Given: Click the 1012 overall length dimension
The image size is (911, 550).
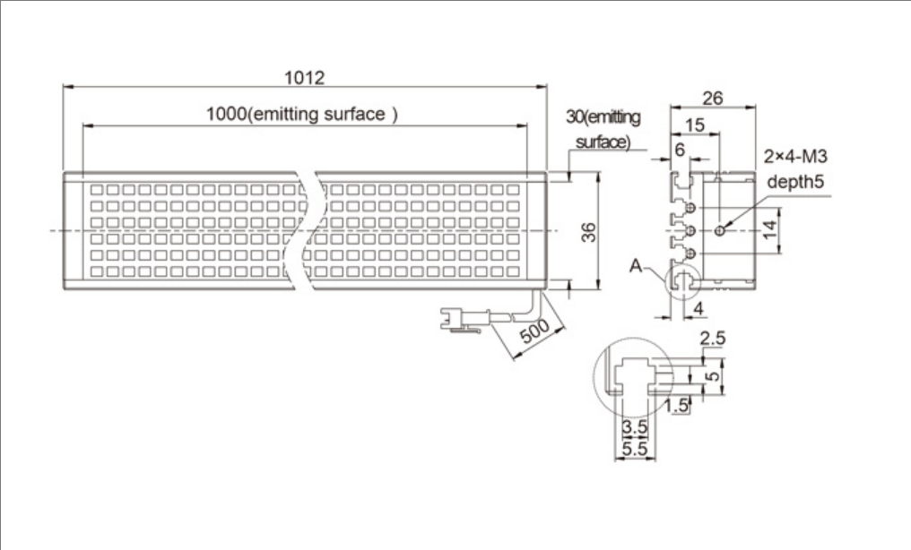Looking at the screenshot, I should click(304, 77).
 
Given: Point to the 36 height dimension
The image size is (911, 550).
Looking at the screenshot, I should click(586, 231).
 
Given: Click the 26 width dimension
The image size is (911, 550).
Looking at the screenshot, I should click(713, 97).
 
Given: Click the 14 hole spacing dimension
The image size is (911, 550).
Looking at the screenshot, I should click(768, 230).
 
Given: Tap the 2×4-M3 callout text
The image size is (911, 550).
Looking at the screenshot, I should click(795, 157).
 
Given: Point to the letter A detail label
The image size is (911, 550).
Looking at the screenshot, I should click(636, 265).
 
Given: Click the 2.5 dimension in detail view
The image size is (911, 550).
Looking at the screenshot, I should click(712, 339).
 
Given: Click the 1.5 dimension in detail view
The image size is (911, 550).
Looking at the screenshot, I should click(677, 405).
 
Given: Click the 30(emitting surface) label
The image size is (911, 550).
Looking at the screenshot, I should click(603, 129).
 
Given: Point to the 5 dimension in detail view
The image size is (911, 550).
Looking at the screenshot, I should click(712, 376).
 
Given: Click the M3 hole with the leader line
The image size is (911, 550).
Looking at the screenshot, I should click(721, 231).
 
